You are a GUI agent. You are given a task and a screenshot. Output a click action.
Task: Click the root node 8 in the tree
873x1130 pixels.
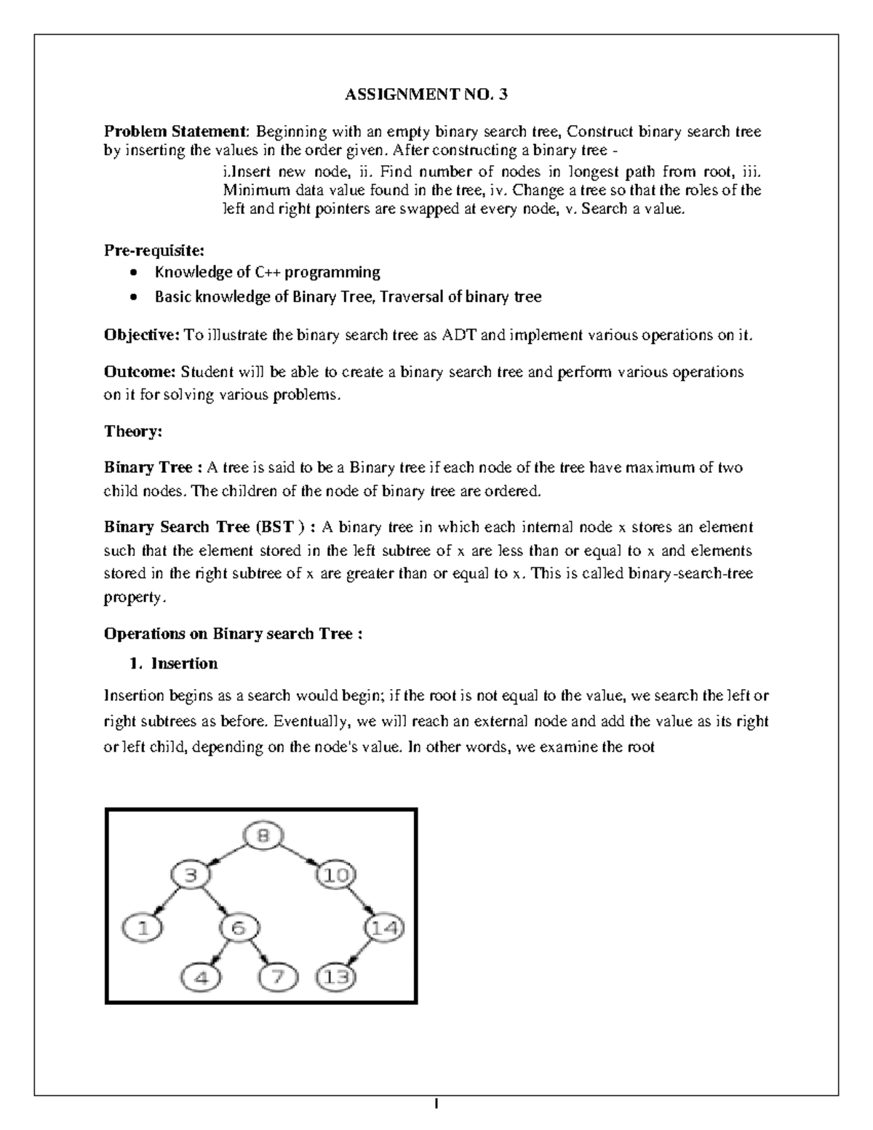pyautogui.click(x=263, y=836)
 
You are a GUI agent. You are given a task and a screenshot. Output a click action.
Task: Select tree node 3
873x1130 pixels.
pyautogui.click(x=190, y=875)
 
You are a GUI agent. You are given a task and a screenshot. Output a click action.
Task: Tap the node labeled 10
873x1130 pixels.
pyautogui.click(x=337, y=875)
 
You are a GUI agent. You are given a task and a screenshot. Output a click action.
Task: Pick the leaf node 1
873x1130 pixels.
pyautogui.click(x=142, y=928)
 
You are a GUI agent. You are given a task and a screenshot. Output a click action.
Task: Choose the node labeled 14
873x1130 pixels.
pyautogui.click(x=383, y=928)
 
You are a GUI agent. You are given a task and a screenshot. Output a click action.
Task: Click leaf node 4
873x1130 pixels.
pyautogui.click(x=202, y=977)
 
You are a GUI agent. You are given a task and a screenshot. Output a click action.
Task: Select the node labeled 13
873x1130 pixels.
pyautogui.click(x=337, y=977)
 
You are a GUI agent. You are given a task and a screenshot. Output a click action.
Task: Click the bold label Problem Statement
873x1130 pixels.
pyautogui.click(x=175, y=132)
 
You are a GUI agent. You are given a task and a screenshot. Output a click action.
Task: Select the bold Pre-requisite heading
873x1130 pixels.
pyautogui.click(x=154, y=250)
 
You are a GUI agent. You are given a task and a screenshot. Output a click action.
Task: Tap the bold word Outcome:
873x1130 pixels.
pyautogui.click(x=140, y=372)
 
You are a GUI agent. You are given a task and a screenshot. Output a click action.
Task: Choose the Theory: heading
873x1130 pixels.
pyautogui.click(x=133, y=431)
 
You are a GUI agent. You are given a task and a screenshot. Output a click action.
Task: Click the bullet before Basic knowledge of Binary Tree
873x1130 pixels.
pyautogui.click(x=132, y=298)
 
